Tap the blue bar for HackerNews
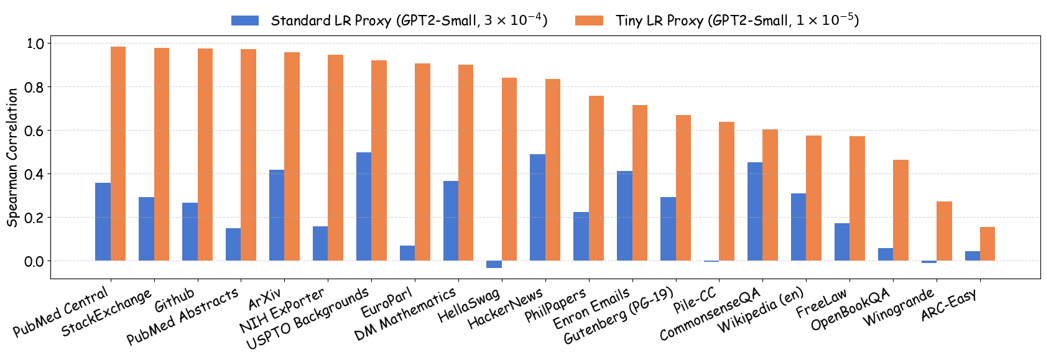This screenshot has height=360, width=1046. [537, 208]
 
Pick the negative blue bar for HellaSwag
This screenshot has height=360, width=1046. [494, 264]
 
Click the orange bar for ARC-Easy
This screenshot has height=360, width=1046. [988, 244]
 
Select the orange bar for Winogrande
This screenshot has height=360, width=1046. [944, 231]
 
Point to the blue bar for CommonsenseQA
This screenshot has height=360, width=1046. [755, 211]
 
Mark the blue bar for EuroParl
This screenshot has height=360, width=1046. [407, 253]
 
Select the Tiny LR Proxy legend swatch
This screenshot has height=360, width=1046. [589, 21]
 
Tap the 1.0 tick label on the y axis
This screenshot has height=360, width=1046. [34, 44]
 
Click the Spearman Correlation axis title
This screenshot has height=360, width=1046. [12, 157]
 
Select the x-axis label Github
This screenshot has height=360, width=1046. [175, 301]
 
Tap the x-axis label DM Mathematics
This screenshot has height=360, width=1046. [405, 314]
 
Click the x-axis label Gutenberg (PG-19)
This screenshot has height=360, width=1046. [619, 316]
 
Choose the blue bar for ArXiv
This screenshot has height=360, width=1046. [277, 215]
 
